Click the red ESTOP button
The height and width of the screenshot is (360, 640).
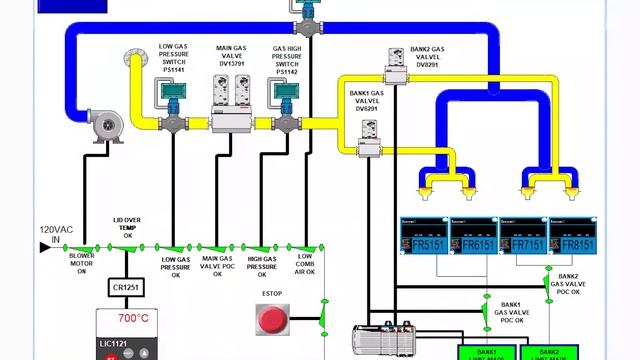[x=271, y=320]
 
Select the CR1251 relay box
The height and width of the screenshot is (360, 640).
[x=127, y=288]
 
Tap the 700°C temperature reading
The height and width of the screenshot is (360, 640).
[x=134, y=319]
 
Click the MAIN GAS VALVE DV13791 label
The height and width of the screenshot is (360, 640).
[x=232, y=58]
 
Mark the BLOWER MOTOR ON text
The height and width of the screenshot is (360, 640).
[x=82, y=264]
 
